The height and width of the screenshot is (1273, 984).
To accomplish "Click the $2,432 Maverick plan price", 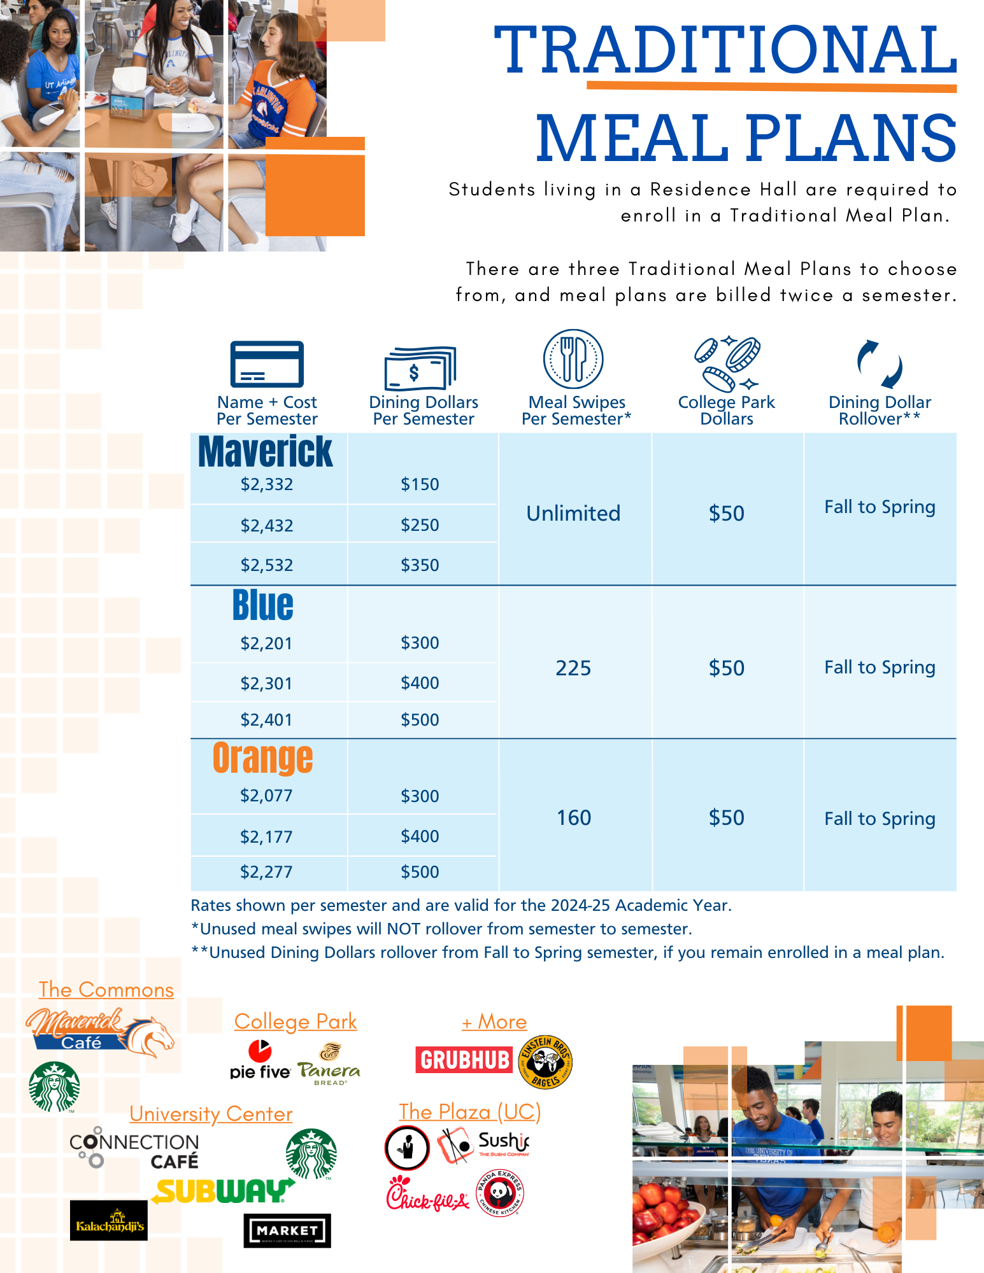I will [x=267, y=525].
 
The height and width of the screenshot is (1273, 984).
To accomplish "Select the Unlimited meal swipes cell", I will [x=573, y=513].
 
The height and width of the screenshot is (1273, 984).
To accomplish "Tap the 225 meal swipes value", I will [x=573, y=668].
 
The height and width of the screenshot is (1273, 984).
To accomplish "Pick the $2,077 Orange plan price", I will [x=266, y=796].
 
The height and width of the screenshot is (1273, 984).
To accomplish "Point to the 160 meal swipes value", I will [x=574, y=818].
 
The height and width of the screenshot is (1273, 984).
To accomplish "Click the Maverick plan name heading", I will [x=265, y=452].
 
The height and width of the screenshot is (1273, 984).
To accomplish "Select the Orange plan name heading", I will [x=262, y=757].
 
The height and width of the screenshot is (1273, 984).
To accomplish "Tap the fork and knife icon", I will [x=573, y=359].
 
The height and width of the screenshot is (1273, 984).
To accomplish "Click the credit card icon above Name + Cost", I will [x=267, y=364].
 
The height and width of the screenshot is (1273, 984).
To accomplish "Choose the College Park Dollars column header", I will [x=727, y=411].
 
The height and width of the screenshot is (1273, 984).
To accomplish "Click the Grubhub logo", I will [x=464, y=1060].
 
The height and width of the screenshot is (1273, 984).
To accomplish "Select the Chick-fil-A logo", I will [x=427, y=1195].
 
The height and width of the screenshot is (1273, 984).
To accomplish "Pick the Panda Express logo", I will [x=500, y=1193].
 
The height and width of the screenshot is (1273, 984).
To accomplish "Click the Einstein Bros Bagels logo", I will [x=546, y=1062].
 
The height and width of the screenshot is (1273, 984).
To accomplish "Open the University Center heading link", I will [x=211, y=1114].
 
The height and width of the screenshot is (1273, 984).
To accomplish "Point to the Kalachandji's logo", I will [x=109, y=1220].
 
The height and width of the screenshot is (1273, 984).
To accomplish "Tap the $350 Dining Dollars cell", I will [x=420, y=565].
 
